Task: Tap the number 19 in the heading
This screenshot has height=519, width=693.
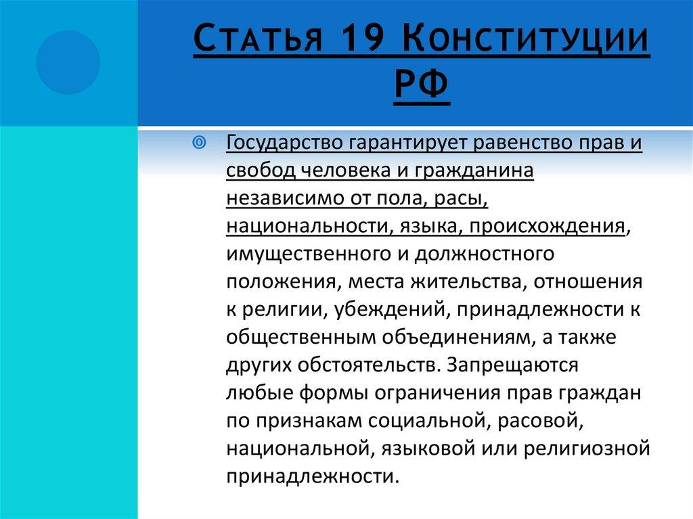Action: pyautogui.click(x=359, y=43)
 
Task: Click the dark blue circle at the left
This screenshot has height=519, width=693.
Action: pyautogui.click(x=68, y=62)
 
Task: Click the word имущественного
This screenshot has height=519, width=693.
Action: pyautogui.click(x=302, y=254)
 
